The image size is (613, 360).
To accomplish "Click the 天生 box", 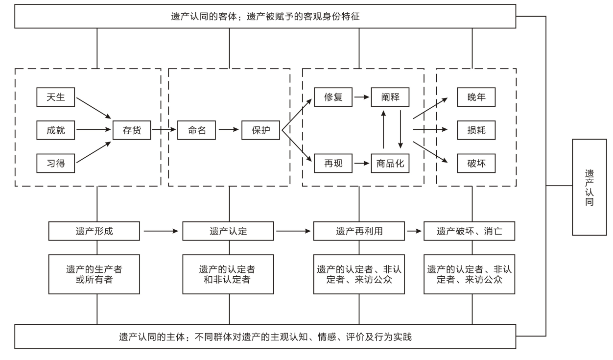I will click(55, 97).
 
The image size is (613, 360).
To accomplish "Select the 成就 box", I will click(55, 130).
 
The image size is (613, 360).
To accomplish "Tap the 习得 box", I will click(55, 163).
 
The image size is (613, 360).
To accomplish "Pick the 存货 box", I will click(132, 130).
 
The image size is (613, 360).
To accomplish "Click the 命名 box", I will click(198, 130).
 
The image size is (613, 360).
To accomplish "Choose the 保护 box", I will click(260, 130).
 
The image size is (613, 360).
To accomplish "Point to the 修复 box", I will click(333, 97).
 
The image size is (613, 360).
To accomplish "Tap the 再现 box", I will click(333, 163).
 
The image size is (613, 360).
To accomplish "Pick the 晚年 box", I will click(476, 97).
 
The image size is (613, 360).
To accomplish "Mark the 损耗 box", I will click(476, 130).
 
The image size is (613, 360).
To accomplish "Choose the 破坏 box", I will click(476, 163).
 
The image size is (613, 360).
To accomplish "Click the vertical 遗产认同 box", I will click(589, 187).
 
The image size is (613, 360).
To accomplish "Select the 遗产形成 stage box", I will click(95, 231).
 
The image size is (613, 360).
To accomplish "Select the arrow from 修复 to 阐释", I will click(362, 97).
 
